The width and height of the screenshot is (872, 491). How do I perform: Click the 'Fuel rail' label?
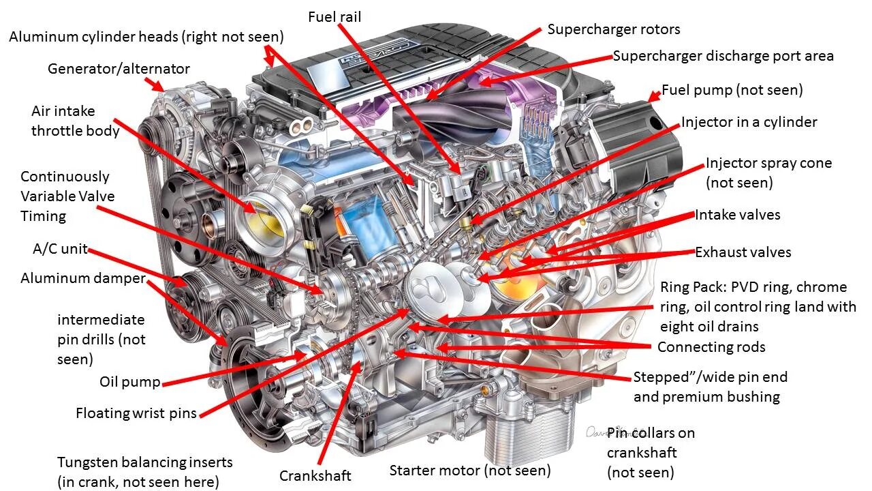click(x=334, y=16)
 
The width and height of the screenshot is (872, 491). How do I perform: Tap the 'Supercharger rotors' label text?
click(x=613, y=29)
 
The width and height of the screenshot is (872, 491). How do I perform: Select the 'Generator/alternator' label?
click(x=119, y=69)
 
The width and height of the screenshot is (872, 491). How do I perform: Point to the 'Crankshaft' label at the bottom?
click(x=315, y=475)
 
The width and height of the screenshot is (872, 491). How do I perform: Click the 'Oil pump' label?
click(x=129, y=382)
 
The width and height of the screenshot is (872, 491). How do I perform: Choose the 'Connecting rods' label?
click(x=711, y=347)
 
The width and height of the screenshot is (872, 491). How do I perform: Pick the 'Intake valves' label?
click(x=737, y=215)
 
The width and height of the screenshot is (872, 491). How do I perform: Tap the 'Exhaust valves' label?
click(x=743, y=252)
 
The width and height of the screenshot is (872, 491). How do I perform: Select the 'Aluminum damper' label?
click(x=83, y=278)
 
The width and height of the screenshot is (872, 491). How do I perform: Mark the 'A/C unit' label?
click(x=61, y=249)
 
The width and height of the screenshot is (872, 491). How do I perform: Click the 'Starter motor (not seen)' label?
click(x=470, y=470)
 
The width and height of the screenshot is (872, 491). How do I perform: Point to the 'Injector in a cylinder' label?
click(x=749, y=122)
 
